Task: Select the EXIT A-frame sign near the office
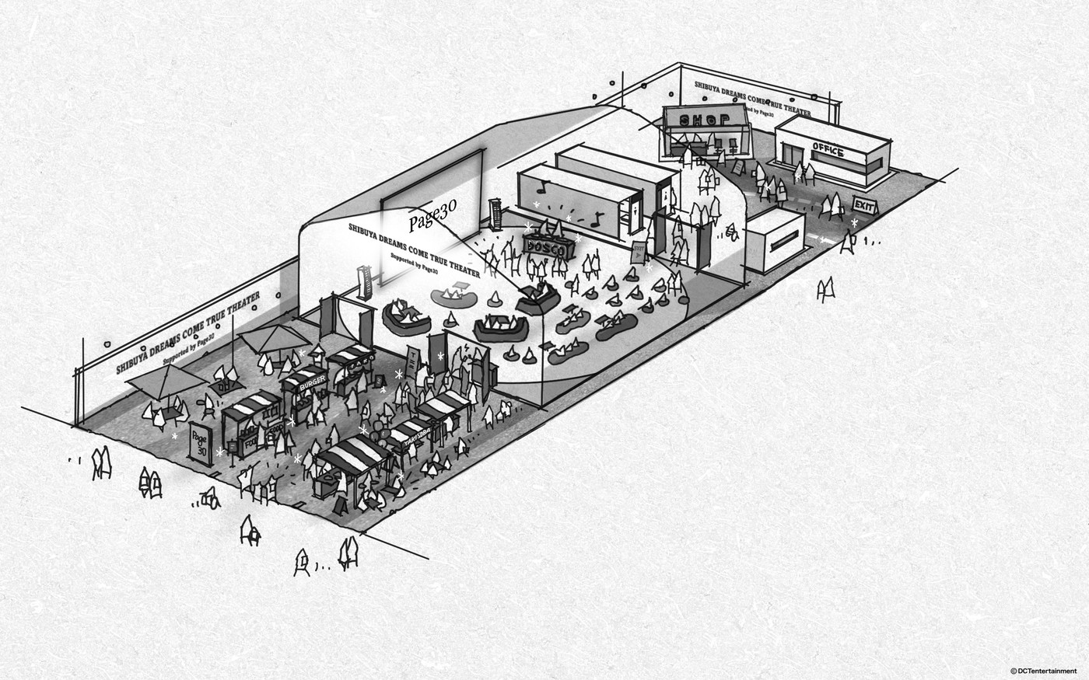pos(864,204)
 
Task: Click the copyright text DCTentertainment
pos(1043,671)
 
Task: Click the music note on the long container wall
pos(541,185)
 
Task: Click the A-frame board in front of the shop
pos(739,167)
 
